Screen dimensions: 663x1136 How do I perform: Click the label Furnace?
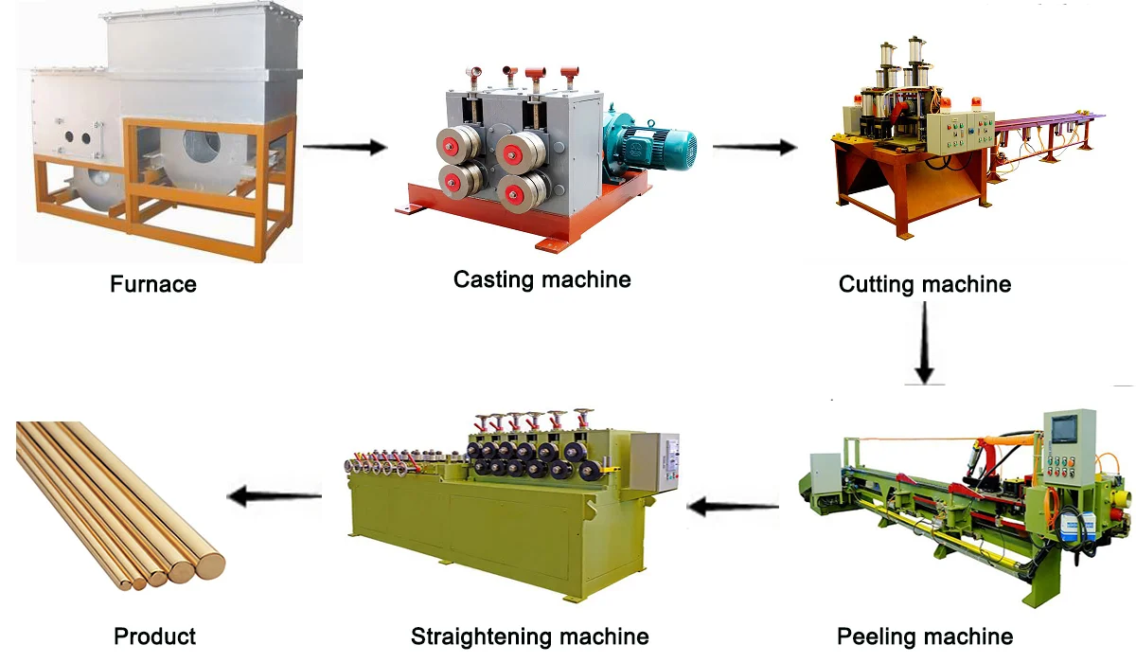153,283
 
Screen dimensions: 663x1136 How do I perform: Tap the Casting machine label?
541,279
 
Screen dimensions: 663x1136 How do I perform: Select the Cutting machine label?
925,283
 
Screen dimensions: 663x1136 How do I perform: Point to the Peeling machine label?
925,636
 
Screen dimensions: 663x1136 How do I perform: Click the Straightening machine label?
529,636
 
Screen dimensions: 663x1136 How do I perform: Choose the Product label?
154,636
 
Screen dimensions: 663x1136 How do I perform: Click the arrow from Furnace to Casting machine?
346,147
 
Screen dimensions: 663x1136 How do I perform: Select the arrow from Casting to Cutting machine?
754,147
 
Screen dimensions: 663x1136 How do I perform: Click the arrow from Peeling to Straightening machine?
733,507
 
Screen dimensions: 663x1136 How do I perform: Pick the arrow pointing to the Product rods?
275,493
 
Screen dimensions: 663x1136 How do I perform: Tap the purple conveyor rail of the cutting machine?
1051,122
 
